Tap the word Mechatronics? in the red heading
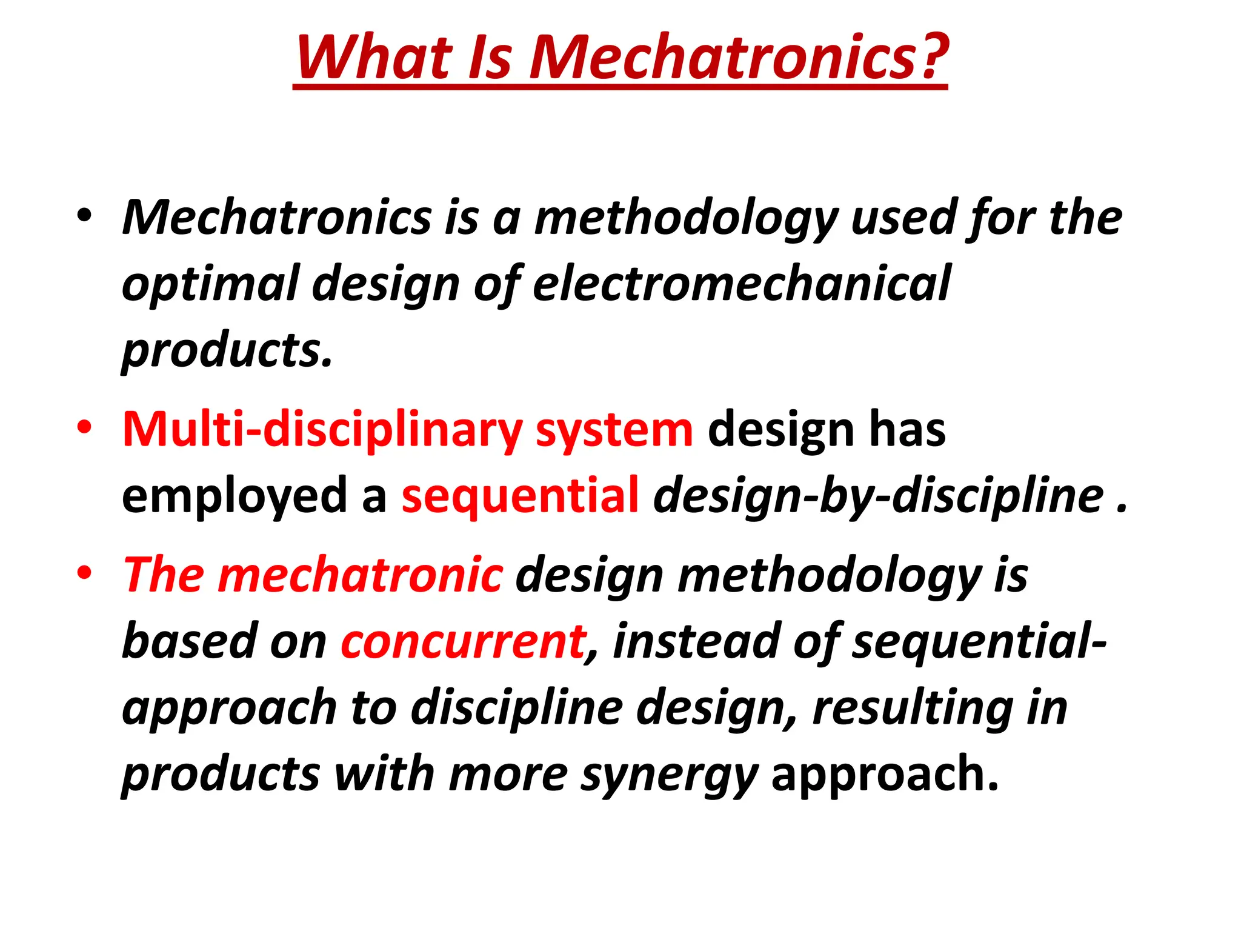pyautogui.click(x=739, y=57)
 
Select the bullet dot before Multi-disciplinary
pyautogui.click(x=84, y=428)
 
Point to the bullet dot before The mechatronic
pyautogui.click(x=84, y=572)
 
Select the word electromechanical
pyautogui.click(x=741, y=284)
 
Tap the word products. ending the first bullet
pyautogui.click(x=227, y=350)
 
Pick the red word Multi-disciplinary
pyautogui.click(x=322, y=429)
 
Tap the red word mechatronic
pyautogui.click(x=360, y=574)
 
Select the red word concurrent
pyautogui.click(x=463, y=641)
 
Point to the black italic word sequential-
pyautogui.click(x=979, y=641)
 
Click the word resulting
pyautogui.click(x=913, y=707)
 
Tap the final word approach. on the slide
pyautogui.click(x=885, y=775)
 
